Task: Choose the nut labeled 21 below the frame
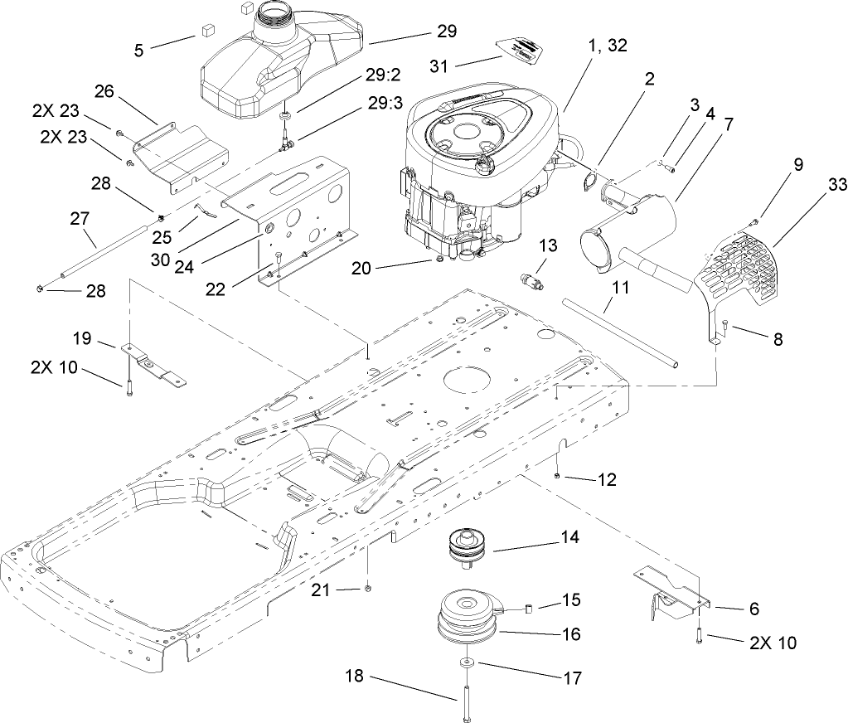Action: point(367,589)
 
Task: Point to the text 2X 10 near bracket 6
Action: point(773,643)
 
